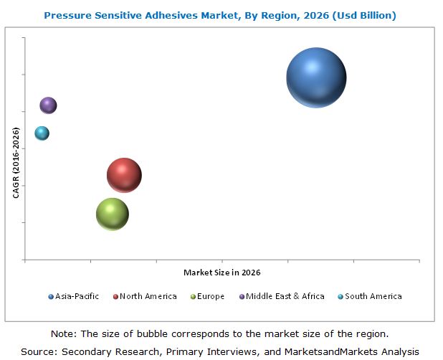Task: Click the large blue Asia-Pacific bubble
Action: [x=316, y=77]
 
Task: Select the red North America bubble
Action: [x=124, y=175]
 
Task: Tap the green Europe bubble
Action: [x=112, y=214]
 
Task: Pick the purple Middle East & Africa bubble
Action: [x=48, y=105]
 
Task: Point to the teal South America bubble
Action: [x=42, y=133]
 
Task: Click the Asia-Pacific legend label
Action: [x=78, y=296]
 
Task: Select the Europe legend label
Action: [x=211, y=296]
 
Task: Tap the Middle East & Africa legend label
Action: [x=285, y=296]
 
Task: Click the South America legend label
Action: [x=373, y=296]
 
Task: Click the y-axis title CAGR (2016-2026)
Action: [x=16, y=163]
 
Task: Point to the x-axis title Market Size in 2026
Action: [x=221, y=273]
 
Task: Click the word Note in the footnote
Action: [x=63, y=334]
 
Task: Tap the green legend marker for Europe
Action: [x=194, y=297]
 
